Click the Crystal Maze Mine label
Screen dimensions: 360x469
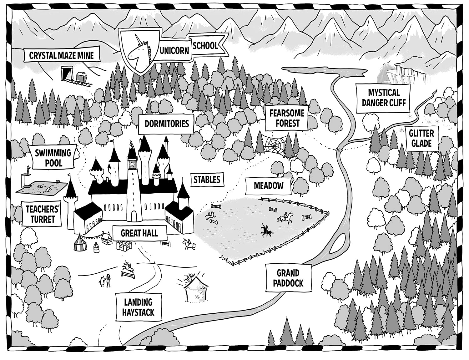click(x=61, y=55)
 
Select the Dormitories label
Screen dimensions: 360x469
click(x=167, y=123)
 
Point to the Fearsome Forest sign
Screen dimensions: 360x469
click(x=287, y=118)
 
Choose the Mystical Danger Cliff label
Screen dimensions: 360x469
click(x=383, y=98)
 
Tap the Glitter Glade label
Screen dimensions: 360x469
click(x=421, y=138)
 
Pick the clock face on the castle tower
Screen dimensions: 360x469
click(x=132, y=164)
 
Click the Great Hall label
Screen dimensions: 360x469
click(x=139, y=233)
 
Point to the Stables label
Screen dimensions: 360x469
click(x=207, y=180)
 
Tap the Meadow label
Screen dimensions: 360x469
click(x=268, y=185)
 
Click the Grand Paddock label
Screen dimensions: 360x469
click(x=288, y=278)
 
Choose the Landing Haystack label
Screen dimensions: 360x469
click(x=138, y=307)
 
